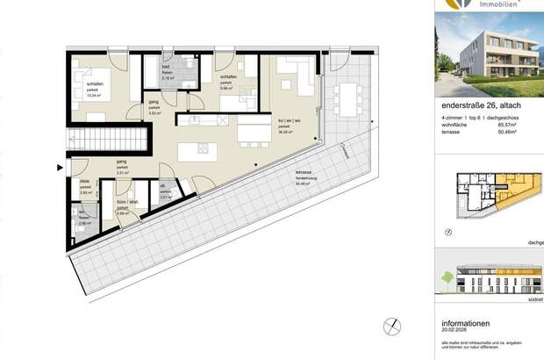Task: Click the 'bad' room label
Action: point(166,67)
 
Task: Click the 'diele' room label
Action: point(84,182)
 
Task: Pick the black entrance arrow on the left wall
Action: point(60,166)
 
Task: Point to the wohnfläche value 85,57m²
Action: point(512,125)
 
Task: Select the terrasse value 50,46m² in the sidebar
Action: point(512,133)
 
